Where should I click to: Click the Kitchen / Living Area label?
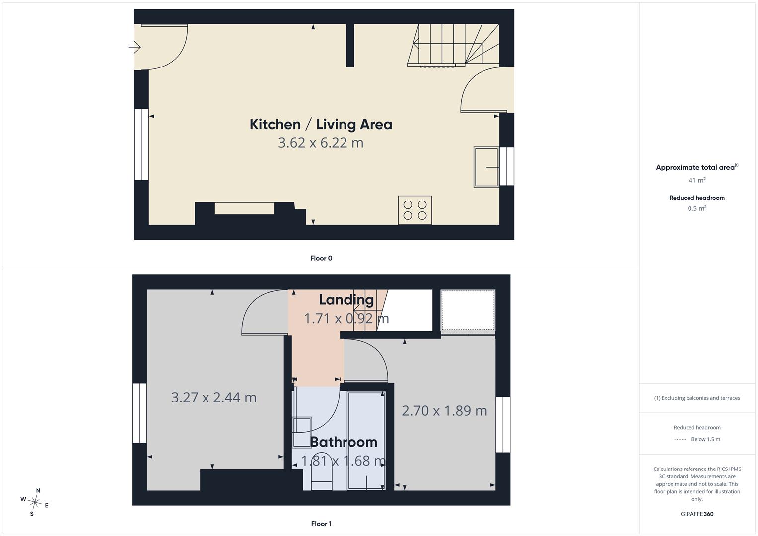coord(321,124)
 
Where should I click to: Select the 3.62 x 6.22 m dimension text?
coord(321,143)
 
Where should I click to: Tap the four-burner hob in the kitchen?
coord(415,210)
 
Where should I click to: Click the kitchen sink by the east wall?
coord(486,167)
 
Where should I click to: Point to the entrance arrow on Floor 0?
coord(135,47)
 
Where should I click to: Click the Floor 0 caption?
coord(321,258)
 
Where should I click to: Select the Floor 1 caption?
coord(321,524)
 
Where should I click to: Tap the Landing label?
coord(346,299)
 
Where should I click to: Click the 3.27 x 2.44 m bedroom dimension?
coord(213,397)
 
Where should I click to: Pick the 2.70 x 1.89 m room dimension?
coord(444,411)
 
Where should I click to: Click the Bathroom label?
coord(344,442)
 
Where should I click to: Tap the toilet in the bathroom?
coord(321,471)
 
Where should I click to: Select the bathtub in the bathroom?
coord(366,441)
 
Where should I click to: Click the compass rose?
coord(35,502)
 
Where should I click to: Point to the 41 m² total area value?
coord(697,180)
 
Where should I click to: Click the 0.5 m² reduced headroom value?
coord(697,208)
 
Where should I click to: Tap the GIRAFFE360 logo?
coord(697,514)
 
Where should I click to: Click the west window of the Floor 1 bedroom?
coord(139,413)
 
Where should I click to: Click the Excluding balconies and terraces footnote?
coord(697,398)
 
